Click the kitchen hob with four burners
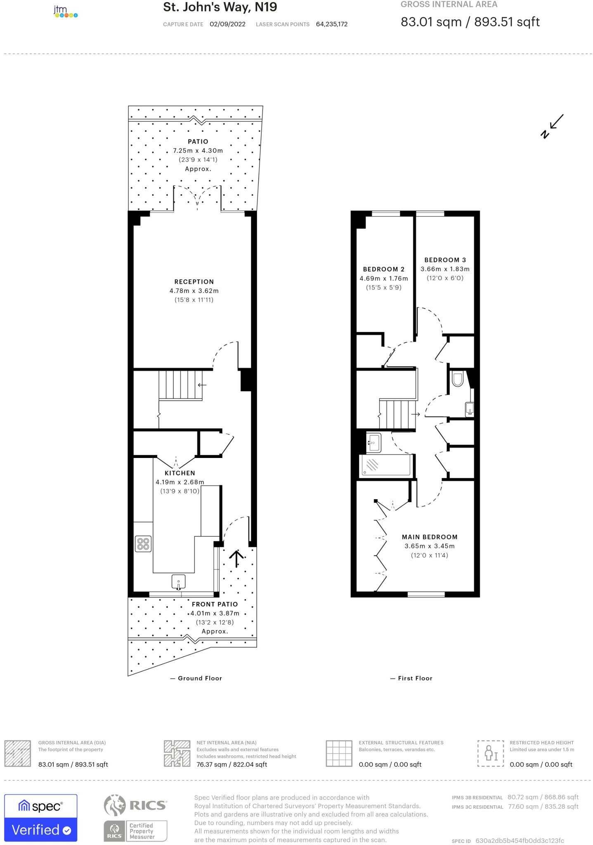[143, 544]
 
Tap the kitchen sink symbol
[178, 582]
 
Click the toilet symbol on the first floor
[458, 379]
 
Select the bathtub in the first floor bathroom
[386, 466]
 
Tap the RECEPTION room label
[194, 282]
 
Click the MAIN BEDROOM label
[430, 537]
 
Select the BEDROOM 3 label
[445, 260]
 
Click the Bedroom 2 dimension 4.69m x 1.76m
[383, 279]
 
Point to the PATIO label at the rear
[198, 142]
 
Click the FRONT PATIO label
[215, 604]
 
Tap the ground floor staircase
[180, 385]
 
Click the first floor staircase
[396, 414]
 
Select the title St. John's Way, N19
[220, 7]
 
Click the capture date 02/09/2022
[227, 24]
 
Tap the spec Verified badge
[40, 818]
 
